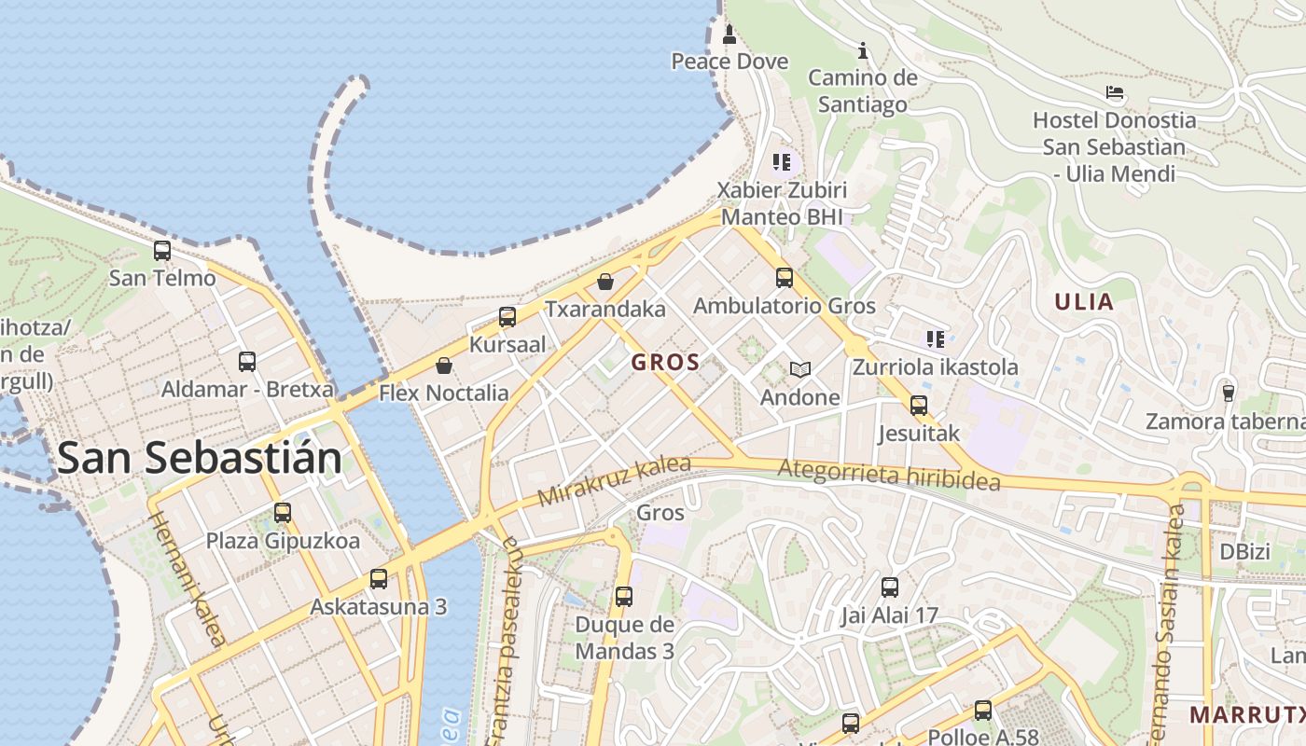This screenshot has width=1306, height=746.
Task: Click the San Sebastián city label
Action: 200,458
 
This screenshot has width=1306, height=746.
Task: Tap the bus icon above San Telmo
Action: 162,250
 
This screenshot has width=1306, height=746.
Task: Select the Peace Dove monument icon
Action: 729,35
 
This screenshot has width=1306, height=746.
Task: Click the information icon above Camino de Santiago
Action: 863,49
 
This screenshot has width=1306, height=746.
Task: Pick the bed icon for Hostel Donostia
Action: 1114,92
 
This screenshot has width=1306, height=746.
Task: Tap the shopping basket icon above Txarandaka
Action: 605,281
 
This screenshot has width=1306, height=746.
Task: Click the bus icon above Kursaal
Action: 507,316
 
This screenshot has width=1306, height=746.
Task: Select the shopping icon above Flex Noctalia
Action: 444,365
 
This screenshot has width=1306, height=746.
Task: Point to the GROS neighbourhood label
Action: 666,363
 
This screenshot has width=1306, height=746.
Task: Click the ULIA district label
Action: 1084,302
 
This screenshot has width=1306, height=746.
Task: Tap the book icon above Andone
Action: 799,369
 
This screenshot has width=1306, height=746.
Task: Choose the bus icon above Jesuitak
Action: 919,405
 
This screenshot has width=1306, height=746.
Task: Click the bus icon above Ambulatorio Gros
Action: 785,277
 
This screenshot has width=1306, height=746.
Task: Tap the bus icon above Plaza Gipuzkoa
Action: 283,512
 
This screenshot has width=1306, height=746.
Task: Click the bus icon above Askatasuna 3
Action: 379,578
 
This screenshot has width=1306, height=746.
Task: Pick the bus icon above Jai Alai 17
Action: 890,587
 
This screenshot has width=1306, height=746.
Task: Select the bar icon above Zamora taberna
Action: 1229,394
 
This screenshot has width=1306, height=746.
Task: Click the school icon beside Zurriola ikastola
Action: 935,338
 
